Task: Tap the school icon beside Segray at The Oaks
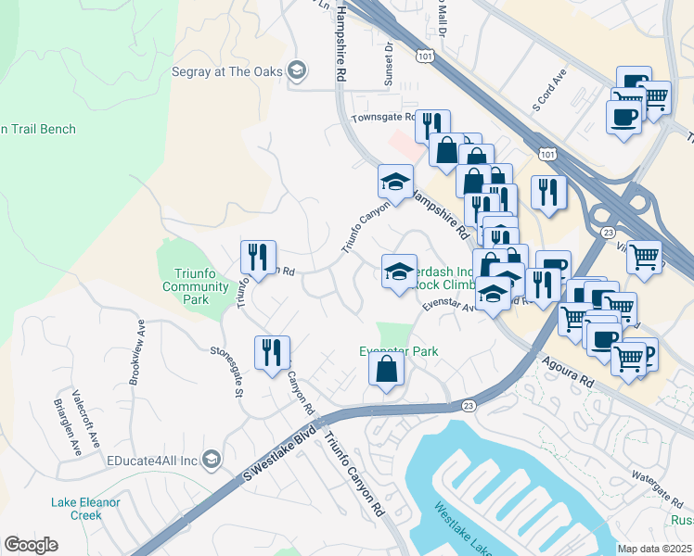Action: (296, 69)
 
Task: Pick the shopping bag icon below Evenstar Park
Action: (387, 371)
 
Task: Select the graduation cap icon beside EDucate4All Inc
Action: (212, 460)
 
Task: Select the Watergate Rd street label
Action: (657, 481)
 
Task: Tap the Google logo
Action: (32, 544)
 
